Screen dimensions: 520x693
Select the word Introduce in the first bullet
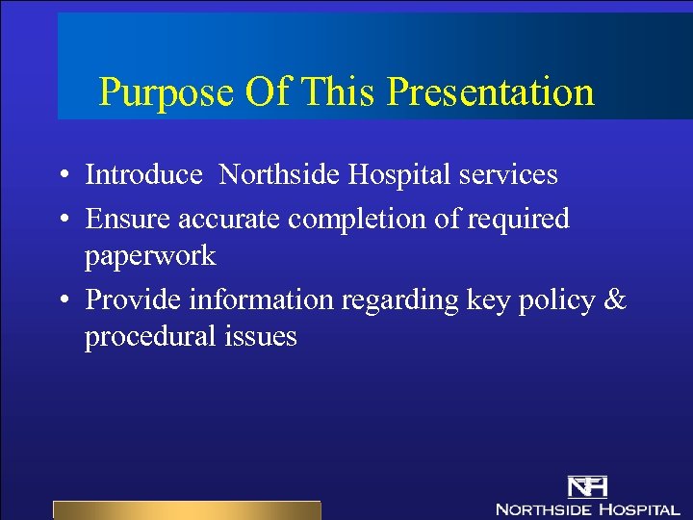tap(143, 174)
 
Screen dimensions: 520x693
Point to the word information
tap(257, 299)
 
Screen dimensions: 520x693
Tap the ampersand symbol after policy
tap(613, 299)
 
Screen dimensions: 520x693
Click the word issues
tap(265, 337)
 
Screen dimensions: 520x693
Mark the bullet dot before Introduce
tap(62, 176)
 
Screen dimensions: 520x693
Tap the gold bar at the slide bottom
tap(186, 509)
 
